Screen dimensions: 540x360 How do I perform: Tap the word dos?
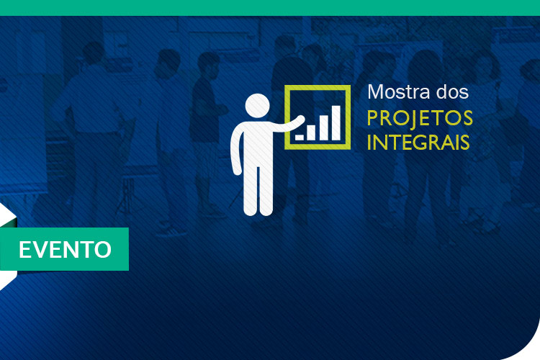[453, 91]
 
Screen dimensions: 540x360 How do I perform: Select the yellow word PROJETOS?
[420, 118]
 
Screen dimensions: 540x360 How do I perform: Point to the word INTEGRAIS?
[418, 142]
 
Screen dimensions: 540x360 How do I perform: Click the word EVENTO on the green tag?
[65, 249]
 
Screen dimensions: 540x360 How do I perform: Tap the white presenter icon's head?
[257, 106]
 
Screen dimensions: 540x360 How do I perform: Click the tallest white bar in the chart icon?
[336, 123]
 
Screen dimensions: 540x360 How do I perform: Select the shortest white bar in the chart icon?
[300, 138]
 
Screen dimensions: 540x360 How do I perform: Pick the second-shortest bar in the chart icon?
[311, 132]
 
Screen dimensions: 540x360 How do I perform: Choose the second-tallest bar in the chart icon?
[324, 128]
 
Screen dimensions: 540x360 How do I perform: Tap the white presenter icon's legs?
[258, 189]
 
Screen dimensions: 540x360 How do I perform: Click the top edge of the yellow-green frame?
[318, 88]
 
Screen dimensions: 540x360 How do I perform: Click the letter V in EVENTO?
[42, 249]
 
